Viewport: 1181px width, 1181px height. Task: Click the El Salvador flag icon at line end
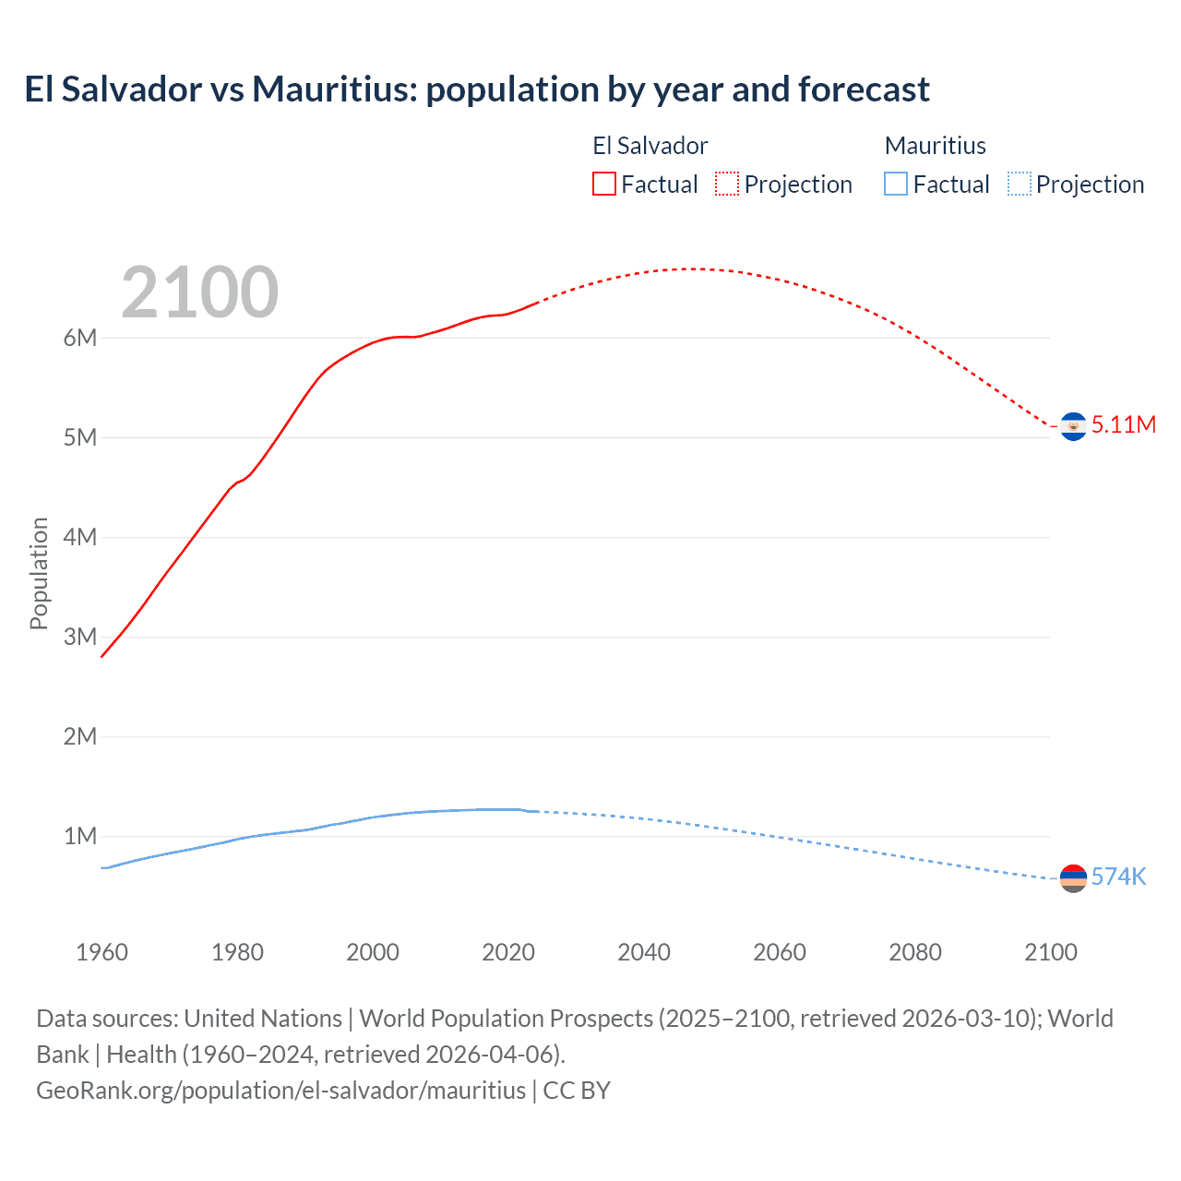pyautogui.click(x=1073, y=426)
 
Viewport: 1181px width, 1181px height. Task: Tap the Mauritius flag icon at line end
pyautogui.click(x=1073, y=878)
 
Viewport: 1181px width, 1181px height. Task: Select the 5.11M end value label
pyautogui.click(x=1123, y=424)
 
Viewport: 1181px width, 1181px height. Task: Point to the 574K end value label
pyautogui.click(x=1118, y=877)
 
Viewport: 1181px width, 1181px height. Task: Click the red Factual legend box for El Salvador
pyautogui.click(x=604, y=185)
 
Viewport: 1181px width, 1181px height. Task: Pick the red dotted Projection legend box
pyautogui.click(x=727, y=185)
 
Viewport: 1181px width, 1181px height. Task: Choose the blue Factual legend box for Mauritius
pyautogui.click(x=896, y=185)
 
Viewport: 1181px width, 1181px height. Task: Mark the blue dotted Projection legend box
pyautogui.click(x=1019, y=185)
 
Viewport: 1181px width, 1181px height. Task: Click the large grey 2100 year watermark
pyautogui.click(x=199, y=292)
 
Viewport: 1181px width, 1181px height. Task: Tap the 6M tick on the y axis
pyautogui.click(x=80, y=338)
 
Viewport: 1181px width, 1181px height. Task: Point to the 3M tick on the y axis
pyautogui.click(x=80, y=637)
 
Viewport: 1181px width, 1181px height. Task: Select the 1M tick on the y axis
pyautogui.click(x=80, y=836)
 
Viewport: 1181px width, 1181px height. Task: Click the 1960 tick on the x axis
pyautogui.click(x=101, y=952)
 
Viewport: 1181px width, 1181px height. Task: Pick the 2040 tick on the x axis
pyautogui.click(x=644, y=952)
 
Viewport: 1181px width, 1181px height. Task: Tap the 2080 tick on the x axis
pyautogui.click(x=915, y=952)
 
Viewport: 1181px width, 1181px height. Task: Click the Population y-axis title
pyautogui.click(x=39, y=573)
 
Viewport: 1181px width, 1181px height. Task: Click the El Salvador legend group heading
pyautogui.click(x=650, y=146)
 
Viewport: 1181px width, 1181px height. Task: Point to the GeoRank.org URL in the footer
pyautogui.click(x=280, y=1090)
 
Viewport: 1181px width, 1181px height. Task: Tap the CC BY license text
pyautogui.click(x=577, y=1090)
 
